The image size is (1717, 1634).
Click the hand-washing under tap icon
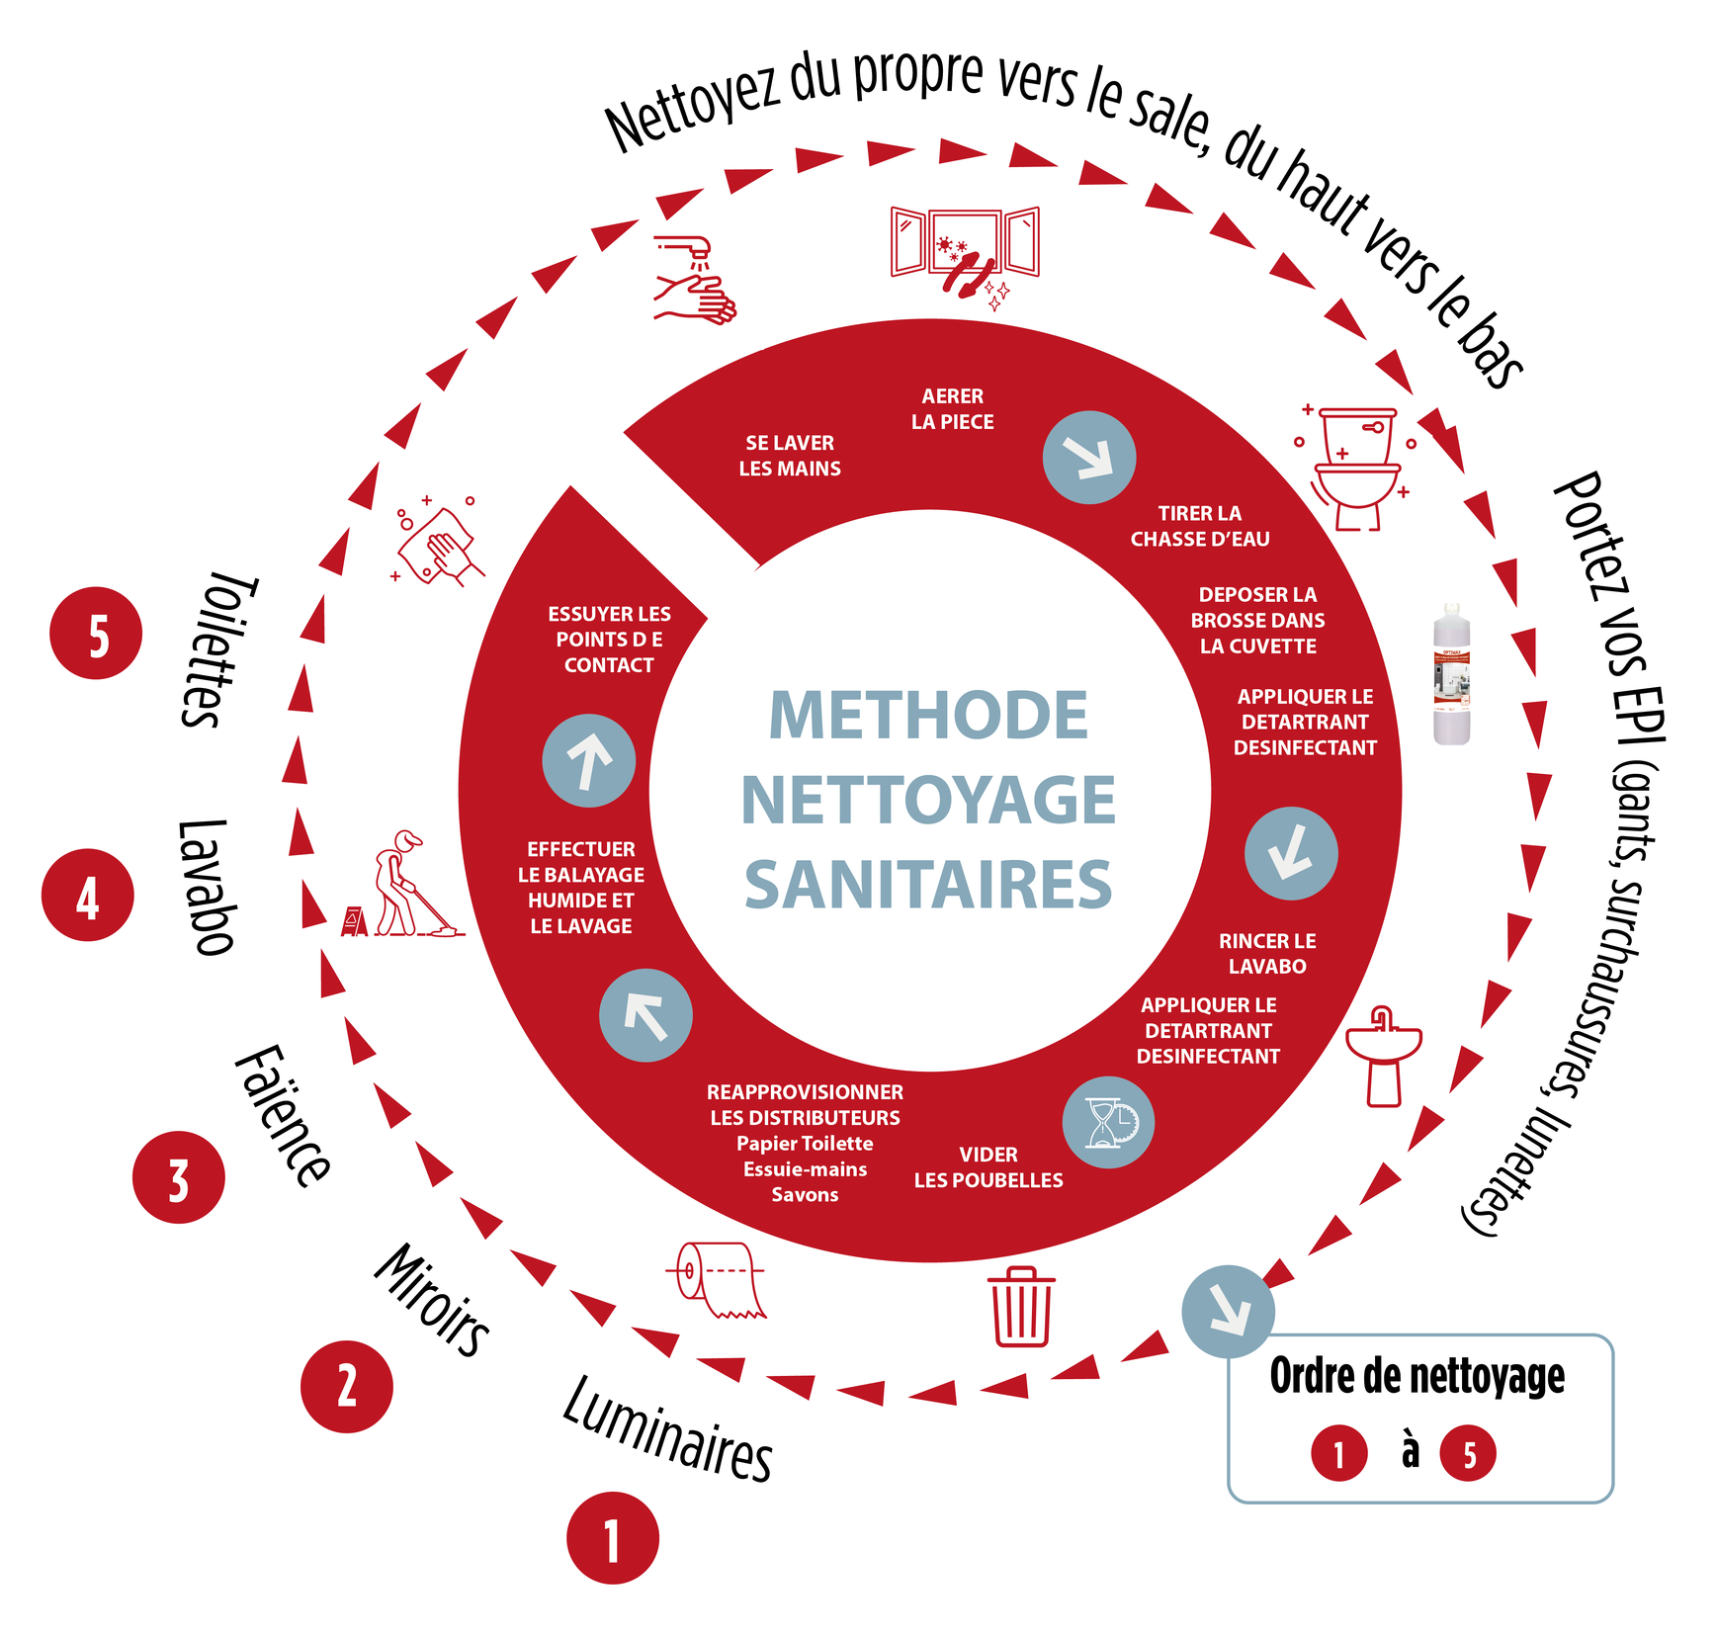tap(695, 280)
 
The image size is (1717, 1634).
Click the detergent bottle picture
tap(1451, 674)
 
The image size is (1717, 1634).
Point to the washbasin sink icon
tap(1384, 1057)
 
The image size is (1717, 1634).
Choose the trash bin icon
tap(1021, 1307)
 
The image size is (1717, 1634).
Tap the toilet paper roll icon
tap(721, 1279)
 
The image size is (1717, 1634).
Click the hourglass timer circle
tap(1108, 1123)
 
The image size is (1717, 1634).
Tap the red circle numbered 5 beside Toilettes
tap(96, 634)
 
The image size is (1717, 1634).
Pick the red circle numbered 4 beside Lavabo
tap(88, 896)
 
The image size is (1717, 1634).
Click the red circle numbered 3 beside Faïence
tap(179, 1177)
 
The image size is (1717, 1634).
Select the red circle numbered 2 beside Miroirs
tap(347, 1386)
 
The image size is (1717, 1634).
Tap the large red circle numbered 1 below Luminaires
tap(613, 1538)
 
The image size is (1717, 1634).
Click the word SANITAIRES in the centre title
tap(928, 885)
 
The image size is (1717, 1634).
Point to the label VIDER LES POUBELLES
tap(988, 1167)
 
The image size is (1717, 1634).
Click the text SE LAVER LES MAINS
tap(790, 456)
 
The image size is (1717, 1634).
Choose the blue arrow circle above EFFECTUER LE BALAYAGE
tap(589, 761)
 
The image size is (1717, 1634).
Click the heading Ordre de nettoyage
tap(1417, 1376)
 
